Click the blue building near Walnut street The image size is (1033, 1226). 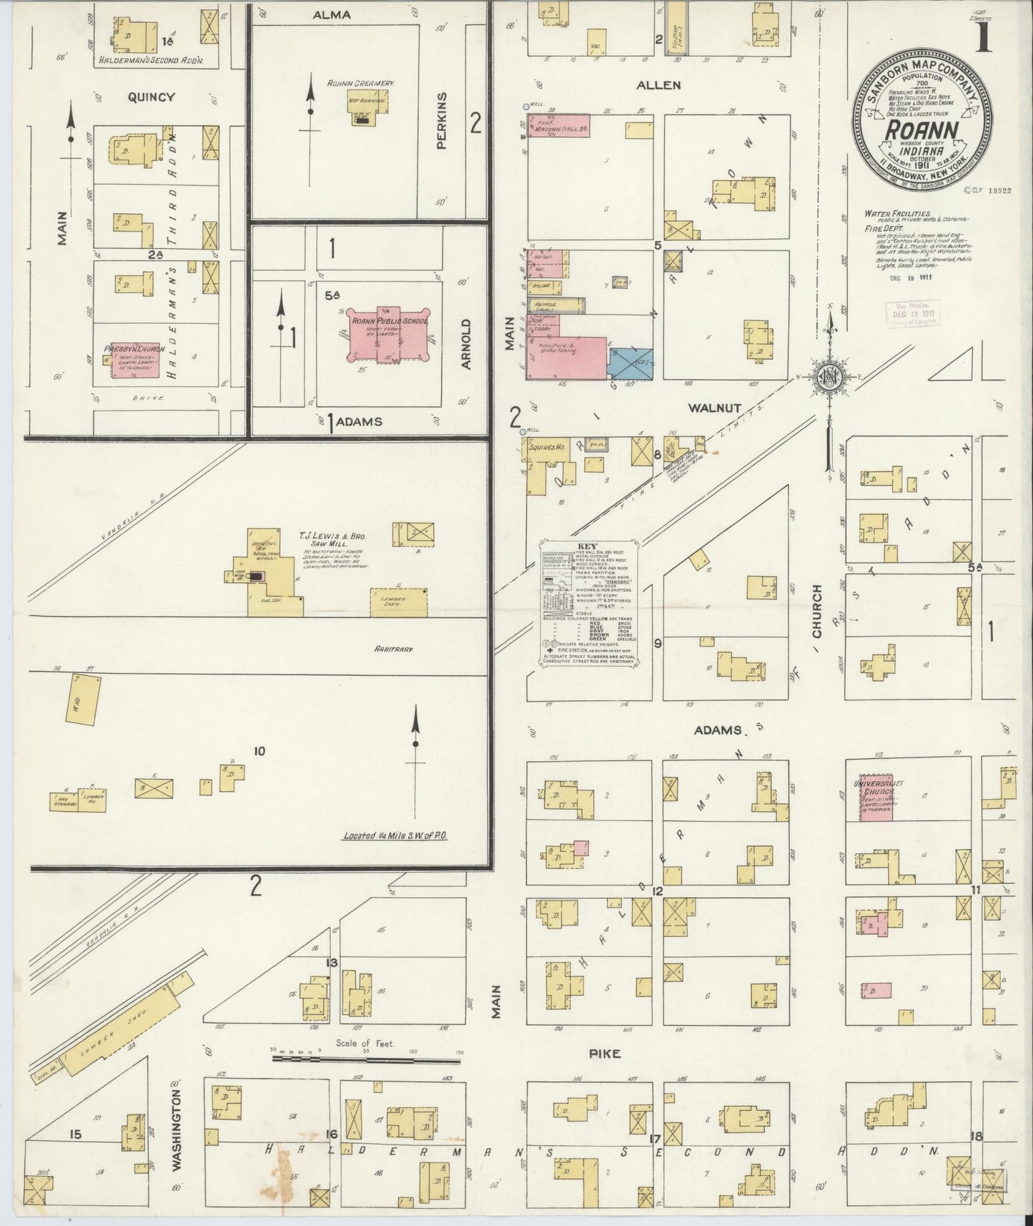[x=630, y=363]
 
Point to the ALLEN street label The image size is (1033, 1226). [x=658, y=85]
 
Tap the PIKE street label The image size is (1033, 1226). [x=605, y=1054]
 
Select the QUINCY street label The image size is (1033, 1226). [x=151, y=97]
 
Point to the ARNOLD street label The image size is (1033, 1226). [x=466, y=344]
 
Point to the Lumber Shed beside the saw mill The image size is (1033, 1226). [x=398, y=602]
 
